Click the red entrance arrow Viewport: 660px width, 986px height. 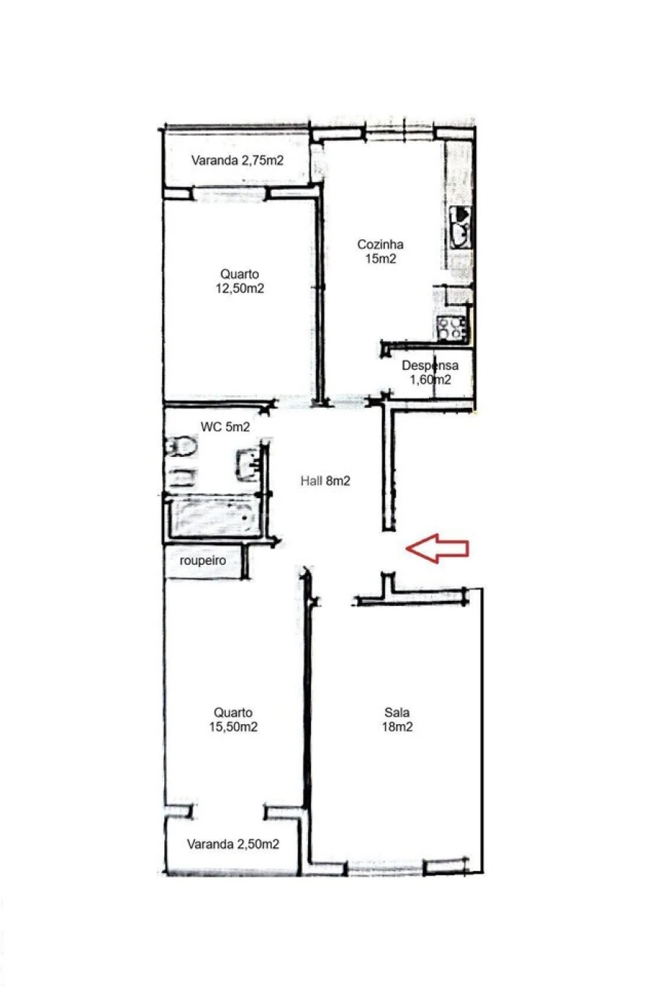click(437, 547)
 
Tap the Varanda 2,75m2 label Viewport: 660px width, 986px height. click(237, 161)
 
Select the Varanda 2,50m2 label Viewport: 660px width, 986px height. click(232, 844)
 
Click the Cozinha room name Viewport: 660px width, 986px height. click(380, 245)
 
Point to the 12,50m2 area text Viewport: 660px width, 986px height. click(239, 288)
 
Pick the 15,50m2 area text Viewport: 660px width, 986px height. click(233, 727)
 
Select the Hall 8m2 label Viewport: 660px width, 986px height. click(325, 481)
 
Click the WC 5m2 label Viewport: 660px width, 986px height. click(225, 427)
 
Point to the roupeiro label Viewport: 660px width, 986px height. click(202, 561)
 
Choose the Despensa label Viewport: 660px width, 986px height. click(430, 365)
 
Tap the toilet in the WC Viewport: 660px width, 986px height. click(180, 446)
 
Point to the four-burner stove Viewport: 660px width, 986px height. click(452, 329)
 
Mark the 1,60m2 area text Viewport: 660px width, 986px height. click(430, 379)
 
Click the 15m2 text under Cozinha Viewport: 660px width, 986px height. click(380, 258)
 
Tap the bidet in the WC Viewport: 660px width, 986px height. click(180, 478)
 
